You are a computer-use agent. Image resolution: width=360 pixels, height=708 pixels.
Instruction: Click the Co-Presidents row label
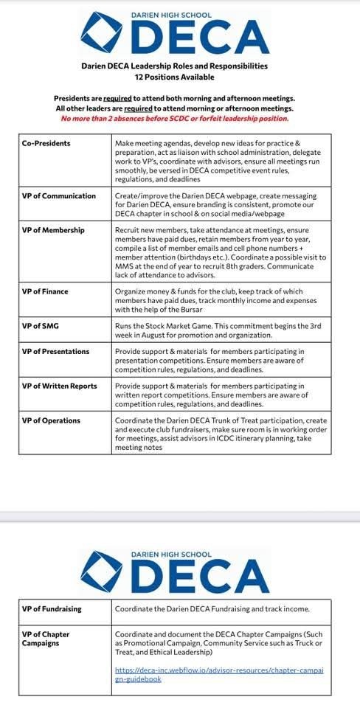(46, 142)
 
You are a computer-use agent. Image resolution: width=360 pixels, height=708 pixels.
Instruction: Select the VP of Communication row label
(59, 195)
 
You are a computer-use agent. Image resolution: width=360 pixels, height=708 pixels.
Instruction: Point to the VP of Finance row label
(45, 291)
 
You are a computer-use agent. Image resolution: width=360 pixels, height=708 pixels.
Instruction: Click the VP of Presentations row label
(55, 352)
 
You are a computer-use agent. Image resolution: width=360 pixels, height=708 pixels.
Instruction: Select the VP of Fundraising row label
(52, 609)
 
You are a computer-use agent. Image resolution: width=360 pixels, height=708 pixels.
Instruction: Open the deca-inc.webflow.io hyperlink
(219, 675)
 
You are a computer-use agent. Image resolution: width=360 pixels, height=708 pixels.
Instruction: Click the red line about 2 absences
(175, 119)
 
